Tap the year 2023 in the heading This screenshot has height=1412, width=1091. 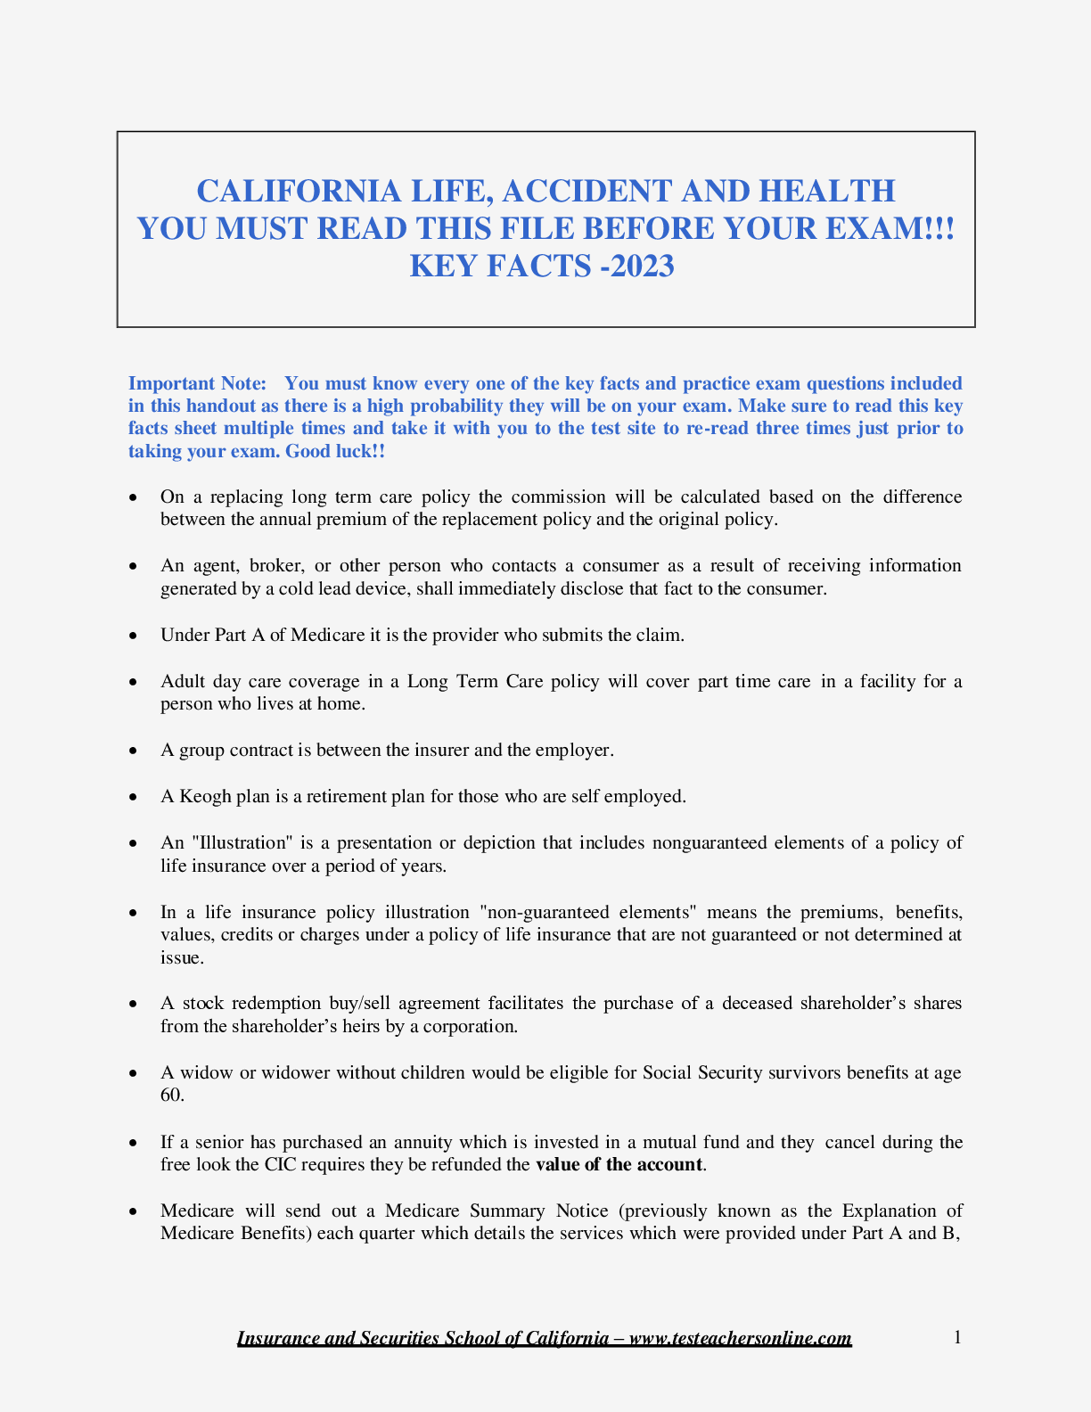click(x=642, y=267)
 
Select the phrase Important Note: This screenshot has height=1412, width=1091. click(x=197, y=383)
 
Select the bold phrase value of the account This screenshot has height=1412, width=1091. click(x=619, y=1165)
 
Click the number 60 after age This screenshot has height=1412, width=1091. click(x=170, y=1095)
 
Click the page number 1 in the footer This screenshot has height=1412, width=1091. click(x=957, y=1337)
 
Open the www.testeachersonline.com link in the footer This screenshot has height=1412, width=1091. click(x=740, y=1338)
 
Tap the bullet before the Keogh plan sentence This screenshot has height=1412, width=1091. click(x=133, y=797)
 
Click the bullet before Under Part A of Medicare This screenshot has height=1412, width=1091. click(x=133, y=636)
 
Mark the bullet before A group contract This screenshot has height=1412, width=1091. click(x=133, y=751)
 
